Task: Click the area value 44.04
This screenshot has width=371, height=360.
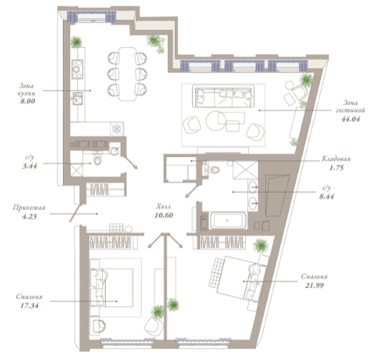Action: pos(350,119)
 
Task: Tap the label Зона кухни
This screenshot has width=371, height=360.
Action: pos(27,89)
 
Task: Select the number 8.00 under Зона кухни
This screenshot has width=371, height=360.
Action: pos(28,101)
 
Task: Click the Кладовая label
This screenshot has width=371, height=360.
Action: pos(336,159)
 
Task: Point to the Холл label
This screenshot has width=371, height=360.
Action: pos(164,206)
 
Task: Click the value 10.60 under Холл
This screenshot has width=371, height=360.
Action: pos(164,215)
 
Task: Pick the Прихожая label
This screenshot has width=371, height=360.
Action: pos(29,208)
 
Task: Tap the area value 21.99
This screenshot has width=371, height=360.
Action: pos(315,285)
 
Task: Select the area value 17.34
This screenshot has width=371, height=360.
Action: pos(29,306)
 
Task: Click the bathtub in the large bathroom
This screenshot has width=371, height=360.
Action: pos(228,220)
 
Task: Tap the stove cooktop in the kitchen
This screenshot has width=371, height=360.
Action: pos(77,69)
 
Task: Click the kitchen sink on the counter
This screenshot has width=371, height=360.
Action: pos(78,99)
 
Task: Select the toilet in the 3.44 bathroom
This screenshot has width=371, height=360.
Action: pos(97,159)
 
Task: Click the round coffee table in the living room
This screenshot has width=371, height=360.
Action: pos(216,121)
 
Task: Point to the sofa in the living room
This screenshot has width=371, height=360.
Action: pos(224,97)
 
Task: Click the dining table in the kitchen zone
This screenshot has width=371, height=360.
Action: pos(127,74)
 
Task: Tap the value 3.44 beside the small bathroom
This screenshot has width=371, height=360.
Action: pos(29,166)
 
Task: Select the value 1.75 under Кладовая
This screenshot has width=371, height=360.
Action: pos(336,168)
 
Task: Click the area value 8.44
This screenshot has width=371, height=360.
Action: pos(327,196)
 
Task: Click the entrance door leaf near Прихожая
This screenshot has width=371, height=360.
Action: pos(75,214)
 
